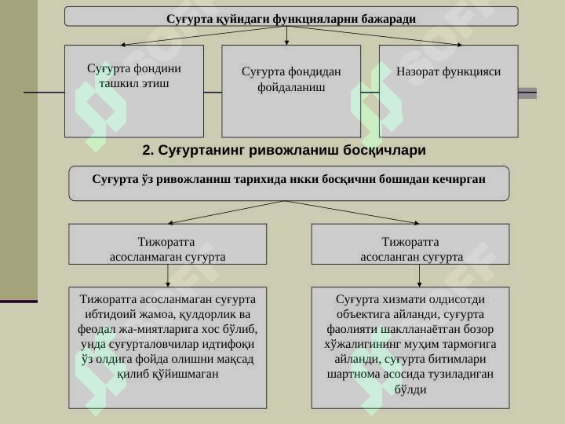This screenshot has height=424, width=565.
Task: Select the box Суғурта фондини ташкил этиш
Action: pos(134,91)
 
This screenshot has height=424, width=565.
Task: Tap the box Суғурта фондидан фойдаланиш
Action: pos(291,91)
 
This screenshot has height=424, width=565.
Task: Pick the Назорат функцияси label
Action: pos(448,71)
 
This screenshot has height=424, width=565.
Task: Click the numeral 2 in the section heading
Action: pos(147,150)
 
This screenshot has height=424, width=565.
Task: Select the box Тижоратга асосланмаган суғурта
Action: pos(168,244)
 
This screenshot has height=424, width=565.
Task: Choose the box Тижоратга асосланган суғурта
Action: pos(410,244)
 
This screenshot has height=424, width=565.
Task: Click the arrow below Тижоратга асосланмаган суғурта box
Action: pos(168,276)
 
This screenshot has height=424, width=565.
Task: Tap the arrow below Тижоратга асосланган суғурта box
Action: pos(419,276)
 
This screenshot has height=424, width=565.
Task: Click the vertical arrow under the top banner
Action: pos(286,35)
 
